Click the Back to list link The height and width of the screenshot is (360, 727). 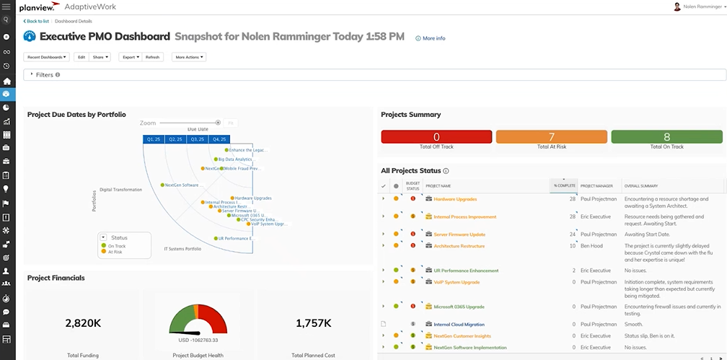point(38,22)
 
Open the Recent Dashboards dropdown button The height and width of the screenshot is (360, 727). point(47,57)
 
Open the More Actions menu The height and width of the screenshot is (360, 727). point(188,57)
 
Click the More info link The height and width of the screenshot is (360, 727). point(433,38)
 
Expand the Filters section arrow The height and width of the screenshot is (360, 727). point(32,74)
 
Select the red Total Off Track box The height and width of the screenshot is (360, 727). point(436,137)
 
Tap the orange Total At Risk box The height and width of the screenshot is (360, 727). point(551,137)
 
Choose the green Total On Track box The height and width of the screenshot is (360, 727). point(666,137)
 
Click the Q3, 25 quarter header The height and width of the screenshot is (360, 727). point(197,139)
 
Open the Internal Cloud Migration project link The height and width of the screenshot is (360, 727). point(459,325)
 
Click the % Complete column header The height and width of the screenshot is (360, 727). point(563,185)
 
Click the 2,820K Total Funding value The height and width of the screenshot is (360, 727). point(82,323)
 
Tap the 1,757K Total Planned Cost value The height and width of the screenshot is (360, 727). point(314,323)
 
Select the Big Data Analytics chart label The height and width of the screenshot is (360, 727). point(235,159)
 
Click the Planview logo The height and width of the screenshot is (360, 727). point(40,6)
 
